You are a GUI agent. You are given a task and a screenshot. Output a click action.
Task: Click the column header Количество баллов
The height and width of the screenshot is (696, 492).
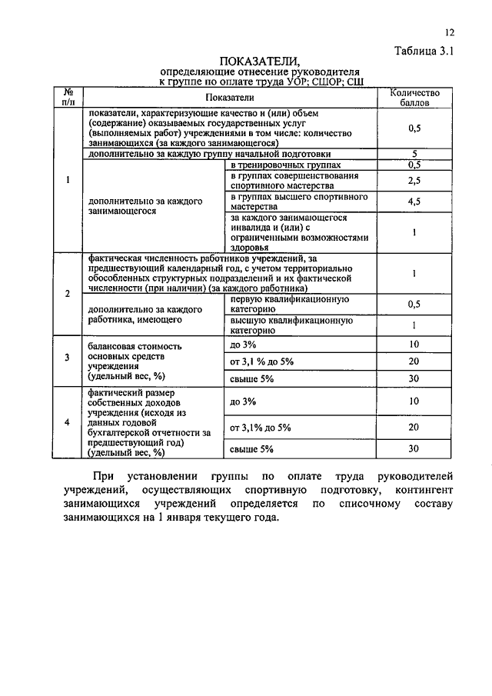tap(414, 97)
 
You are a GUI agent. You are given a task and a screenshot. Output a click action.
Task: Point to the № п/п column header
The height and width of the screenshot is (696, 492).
tap(68, 97)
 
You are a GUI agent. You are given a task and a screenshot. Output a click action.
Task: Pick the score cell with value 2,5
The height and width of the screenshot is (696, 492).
tap(414, 181)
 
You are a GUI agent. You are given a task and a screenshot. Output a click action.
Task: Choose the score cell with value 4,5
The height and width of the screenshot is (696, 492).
tap(414, 202)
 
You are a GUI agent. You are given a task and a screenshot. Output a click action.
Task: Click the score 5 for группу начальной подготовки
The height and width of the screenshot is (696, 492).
tap(414, 154)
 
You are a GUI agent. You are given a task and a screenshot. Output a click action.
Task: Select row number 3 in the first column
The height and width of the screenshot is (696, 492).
tap(68, 358)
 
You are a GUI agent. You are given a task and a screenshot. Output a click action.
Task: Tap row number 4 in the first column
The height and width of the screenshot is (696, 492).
tap(68, 422)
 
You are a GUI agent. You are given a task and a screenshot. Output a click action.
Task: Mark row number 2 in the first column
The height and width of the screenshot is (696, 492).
tap(68, 295)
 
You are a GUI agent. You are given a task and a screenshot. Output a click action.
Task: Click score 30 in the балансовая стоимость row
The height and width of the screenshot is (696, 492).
tap(414, 378)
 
